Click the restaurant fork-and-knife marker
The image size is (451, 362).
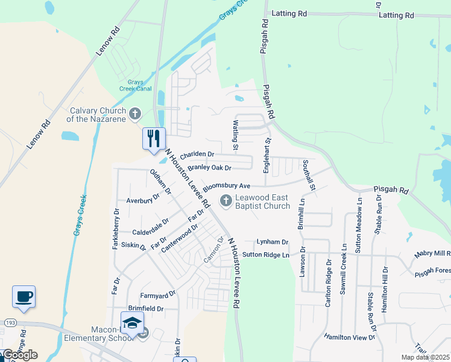[x=154, y=138]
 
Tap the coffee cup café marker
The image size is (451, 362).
[x=24, y=297]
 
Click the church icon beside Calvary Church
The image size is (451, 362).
[x=135, y=113]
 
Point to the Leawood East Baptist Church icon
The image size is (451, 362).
[x=226, y=201]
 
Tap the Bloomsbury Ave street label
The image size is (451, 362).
[x=226, y=186]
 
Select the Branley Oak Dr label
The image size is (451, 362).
[x=209, y=168]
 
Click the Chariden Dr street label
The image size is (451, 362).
[x=197, y=154]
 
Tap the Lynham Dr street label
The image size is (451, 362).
[x=273, y=242]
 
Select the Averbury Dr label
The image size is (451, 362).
[x=143, y=198]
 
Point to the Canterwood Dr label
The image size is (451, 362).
[x=179, y=238]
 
